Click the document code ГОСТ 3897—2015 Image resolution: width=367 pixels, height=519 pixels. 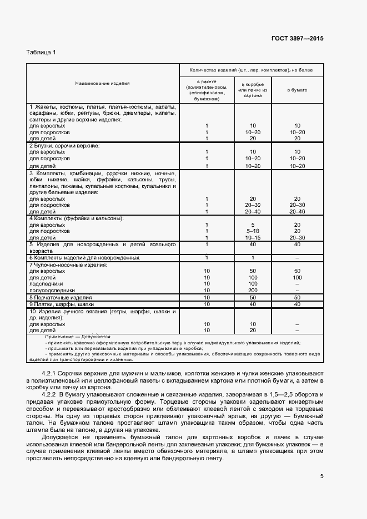297,39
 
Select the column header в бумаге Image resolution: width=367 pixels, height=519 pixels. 297,89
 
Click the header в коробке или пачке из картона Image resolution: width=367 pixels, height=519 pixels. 253,89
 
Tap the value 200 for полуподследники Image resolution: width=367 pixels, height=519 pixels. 253,290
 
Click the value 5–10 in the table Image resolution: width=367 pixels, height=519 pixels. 253,231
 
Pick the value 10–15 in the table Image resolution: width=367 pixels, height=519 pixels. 253,237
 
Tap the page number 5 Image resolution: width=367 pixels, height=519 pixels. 322,475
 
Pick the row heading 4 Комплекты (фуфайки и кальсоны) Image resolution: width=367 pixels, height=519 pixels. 76,218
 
